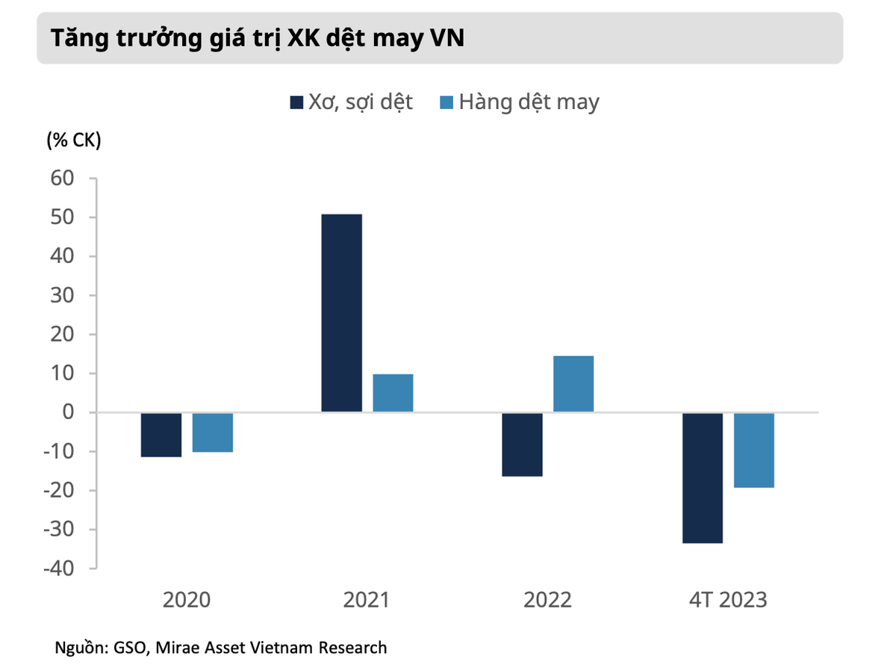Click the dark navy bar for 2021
tap(341, 313)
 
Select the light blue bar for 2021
tap(393, 393)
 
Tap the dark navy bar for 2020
tap(161, 435)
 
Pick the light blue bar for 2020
tap(213, 433)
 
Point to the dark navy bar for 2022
tap(522, 445)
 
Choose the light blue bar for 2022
tap(573, 384)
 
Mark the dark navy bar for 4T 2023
tap(703, 478)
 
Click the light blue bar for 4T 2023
tap(754, 451)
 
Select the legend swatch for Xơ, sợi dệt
tap(296, 102)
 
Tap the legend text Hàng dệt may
tap(529, 102)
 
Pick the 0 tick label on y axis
tap(69, 412)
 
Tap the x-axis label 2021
tap(367, 600)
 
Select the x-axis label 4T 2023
tap(728, 600)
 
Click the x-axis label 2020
tap(187, 600)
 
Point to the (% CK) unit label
tap(73, 140)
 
